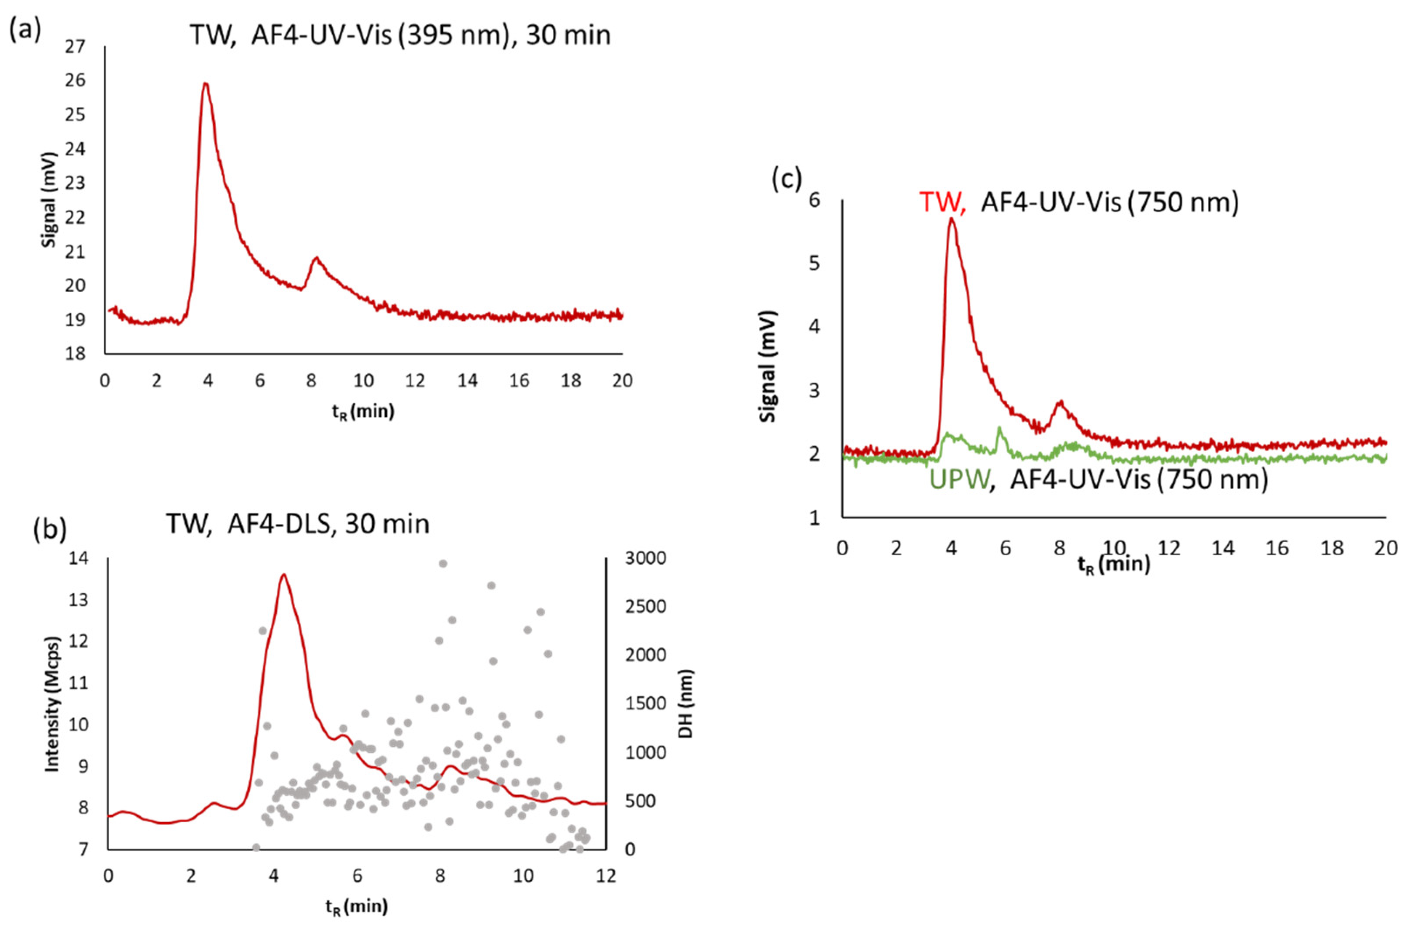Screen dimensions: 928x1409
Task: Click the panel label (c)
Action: [x=786, y=178]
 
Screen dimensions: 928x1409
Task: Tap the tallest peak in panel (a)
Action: [x=205, y=84]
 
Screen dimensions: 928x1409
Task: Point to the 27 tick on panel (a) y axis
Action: [x=75, y=47]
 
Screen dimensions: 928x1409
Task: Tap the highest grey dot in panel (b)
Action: [x=442, y=563]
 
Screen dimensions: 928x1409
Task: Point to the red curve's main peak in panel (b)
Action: [x=283, y=575]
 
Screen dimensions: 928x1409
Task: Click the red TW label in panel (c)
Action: [x=942, y=203]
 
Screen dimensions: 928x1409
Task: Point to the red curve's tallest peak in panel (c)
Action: [x=951, y=219]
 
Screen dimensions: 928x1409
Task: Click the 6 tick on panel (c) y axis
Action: [x=815, y=200]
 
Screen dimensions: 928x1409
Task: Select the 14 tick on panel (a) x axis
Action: [x=467, y=380]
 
